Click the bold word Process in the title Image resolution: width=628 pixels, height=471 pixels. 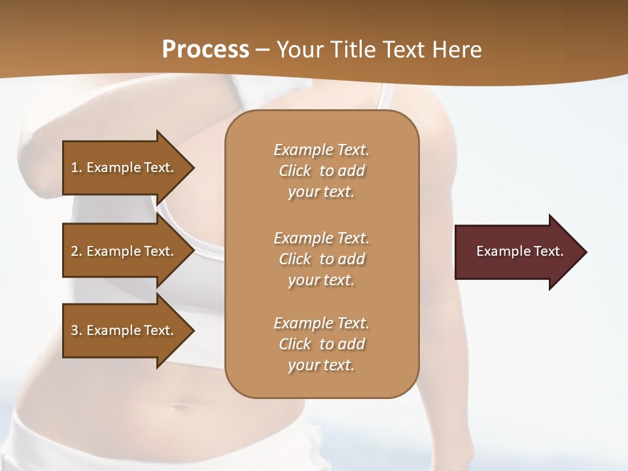pos(205,50)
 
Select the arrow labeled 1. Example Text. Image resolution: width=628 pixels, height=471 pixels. pos(124,167)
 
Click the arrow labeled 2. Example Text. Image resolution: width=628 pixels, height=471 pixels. pos(124,251)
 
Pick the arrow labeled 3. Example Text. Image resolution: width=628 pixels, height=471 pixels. pos(124,330)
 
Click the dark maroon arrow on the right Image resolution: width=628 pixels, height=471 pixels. pos(517,252)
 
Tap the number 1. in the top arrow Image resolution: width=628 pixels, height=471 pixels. pos(77,167)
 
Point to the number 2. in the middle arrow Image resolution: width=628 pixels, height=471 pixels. pos(77,251)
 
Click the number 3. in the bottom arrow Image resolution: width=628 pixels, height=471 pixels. pos(77,330)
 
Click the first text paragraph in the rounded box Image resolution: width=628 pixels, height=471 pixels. pos(321,171)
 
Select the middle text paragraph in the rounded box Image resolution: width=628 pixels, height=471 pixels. pos(321,259)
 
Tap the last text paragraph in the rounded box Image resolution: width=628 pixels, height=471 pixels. pos(321,344)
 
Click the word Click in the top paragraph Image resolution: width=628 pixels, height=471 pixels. pos(295,171)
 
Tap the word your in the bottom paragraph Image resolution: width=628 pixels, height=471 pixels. pos(302,366)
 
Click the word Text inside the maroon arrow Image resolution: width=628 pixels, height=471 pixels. pos(548,251)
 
